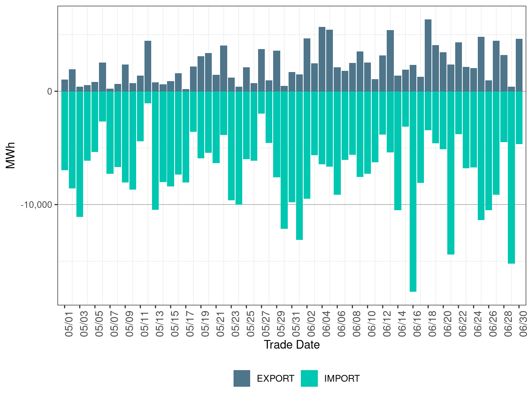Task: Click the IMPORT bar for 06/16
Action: coord(413,191)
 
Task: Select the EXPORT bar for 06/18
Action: coord(428,55)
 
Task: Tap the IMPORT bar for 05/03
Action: coord(80,154)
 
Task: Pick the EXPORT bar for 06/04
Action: coord(322,59)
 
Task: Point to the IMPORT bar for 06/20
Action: coord(451,173)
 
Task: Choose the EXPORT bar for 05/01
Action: coord(65,85)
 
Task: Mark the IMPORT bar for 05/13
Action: coord(155,150)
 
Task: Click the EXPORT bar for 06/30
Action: coord(519,65)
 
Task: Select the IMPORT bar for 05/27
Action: coord(261,103)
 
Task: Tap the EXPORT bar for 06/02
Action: coord(307,65)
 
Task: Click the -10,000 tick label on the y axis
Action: coord(36,205)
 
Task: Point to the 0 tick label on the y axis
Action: coord(50,91)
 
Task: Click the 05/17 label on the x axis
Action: coord(190,324)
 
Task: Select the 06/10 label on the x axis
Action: coord(371,324)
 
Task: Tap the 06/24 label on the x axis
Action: coord(477,324)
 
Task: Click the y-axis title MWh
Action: coord(10,156)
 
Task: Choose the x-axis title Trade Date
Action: coord(292,345)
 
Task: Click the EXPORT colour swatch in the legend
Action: coord(241,378)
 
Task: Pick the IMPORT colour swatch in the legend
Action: coord(309,378)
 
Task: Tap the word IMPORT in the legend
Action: coord(342,378)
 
